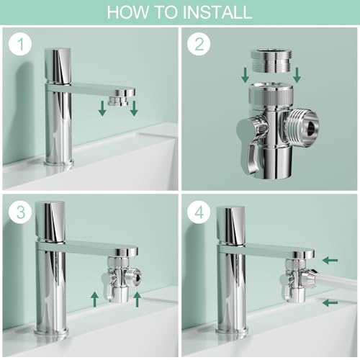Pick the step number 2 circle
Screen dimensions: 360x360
click(x=198, y=45)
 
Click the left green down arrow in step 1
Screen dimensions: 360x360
click(x=102, y=108)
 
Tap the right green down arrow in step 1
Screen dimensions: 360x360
click(x=134, y=108)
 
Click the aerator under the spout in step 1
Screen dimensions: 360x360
click(x=118, y=94)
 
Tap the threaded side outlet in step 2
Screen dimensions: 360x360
click(x=302, y=120)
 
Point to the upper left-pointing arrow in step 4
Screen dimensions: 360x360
click(x=330, y=260)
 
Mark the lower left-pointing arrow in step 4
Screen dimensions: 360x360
click(x=330, y=303)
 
